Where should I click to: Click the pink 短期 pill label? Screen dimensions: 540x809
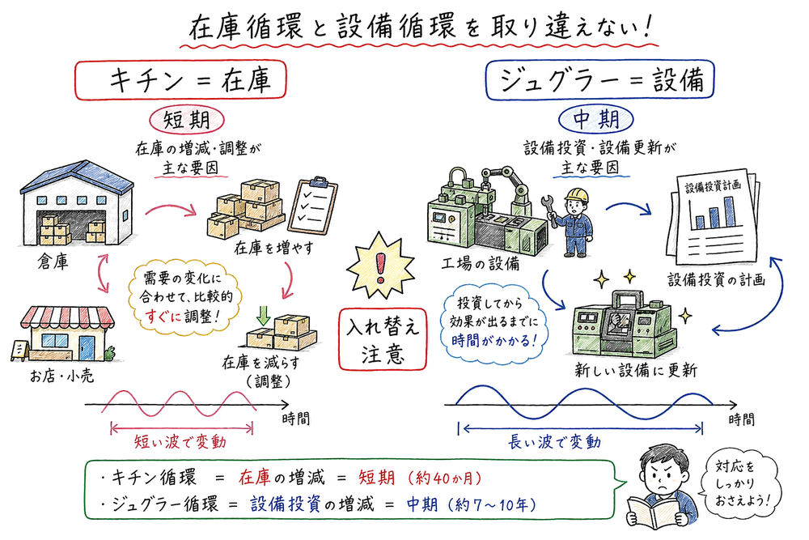point(187,121)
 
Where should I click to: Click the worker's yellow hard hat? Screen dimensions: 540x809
point(577,195)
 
